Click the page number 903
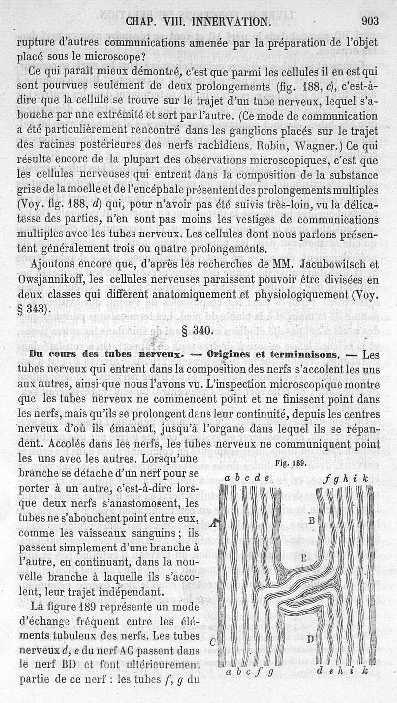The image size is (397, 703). (x=370, y=21)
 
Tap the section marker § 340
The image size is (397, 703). (x=198, y=331)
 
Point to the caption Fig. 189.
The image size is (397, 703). (x=291, y=464)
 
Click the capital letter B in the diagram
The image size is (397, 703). (x=312, y=520)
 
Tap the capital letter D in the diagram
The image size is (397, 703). (x=310, y=639)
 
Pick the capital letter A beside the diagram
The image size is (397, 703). (x=212, y=522)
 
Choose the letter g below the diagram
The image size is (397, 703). (x=271, y=674)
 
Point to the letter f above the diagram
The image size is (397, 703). (x=327, y=479)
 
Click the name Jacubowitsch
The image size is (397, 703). (x=323, y=264)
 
